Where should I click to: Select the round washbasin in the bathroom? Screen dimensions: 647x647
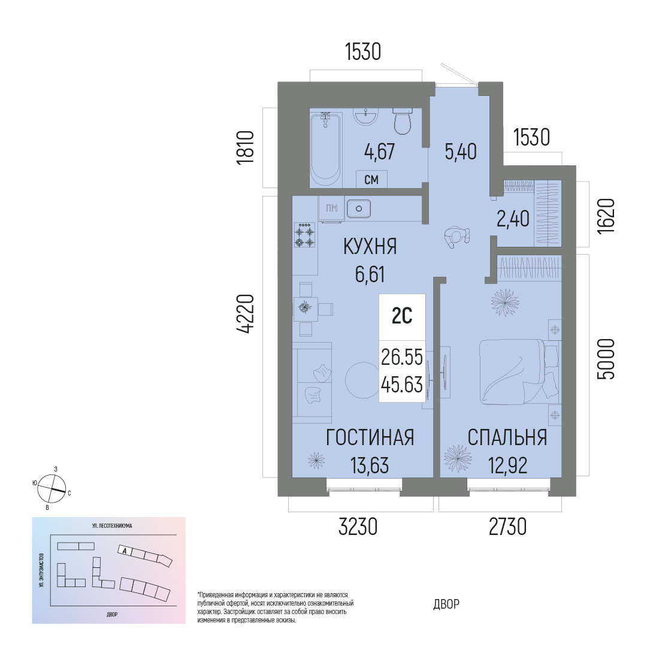click(x=365, y=116)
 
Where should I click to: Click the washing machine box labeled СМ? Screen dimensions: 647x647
click(x=371, y=179)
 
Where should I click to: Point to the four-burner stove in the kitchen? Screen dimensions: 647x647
click(x=305, y=235)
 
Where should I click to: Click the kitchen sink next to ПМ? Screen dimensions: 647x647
click(x=359, y=208)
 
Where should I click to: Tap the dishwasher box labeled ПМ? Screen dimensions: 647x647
click(x=331, y=208)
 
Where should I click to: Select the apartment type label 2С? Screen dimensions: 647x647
click(x=402, y=316)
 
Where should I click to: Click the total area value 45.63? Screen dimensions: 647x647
click(x=402, y=385)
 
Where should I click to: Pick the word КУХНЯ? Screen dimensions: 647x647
click(x=370, y=247)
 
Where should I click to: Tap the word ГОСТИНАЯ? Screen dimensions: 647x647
click(x=370, y=437)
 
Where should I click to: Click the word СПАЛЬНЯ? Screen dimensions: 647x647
click(x=507, y=437)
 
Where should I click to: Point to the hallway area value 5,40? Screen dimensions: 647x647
click(x=461, y=152)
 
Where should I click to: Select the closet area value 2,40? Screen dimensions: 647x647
click(x=513, y=218)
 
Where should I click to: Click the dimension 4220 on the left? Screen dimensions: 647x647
click(x=246, y=313)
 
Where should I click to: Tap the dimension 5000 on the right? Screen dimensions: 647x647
click(x=606, y=359)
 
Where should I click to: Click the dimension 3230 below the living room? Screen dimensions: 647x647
click(x=358, y=527)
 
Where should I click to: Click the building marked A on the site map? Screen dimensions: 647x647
click(x=125, y=550)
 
